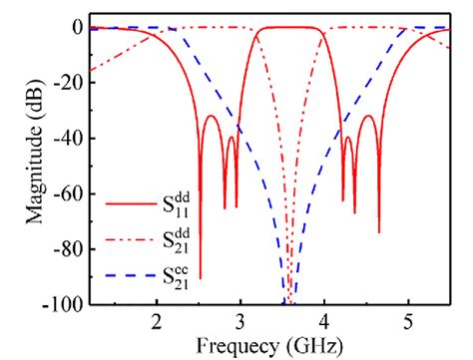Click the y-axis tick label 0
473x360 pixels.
pyautogui.click(x=74, y=28)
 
